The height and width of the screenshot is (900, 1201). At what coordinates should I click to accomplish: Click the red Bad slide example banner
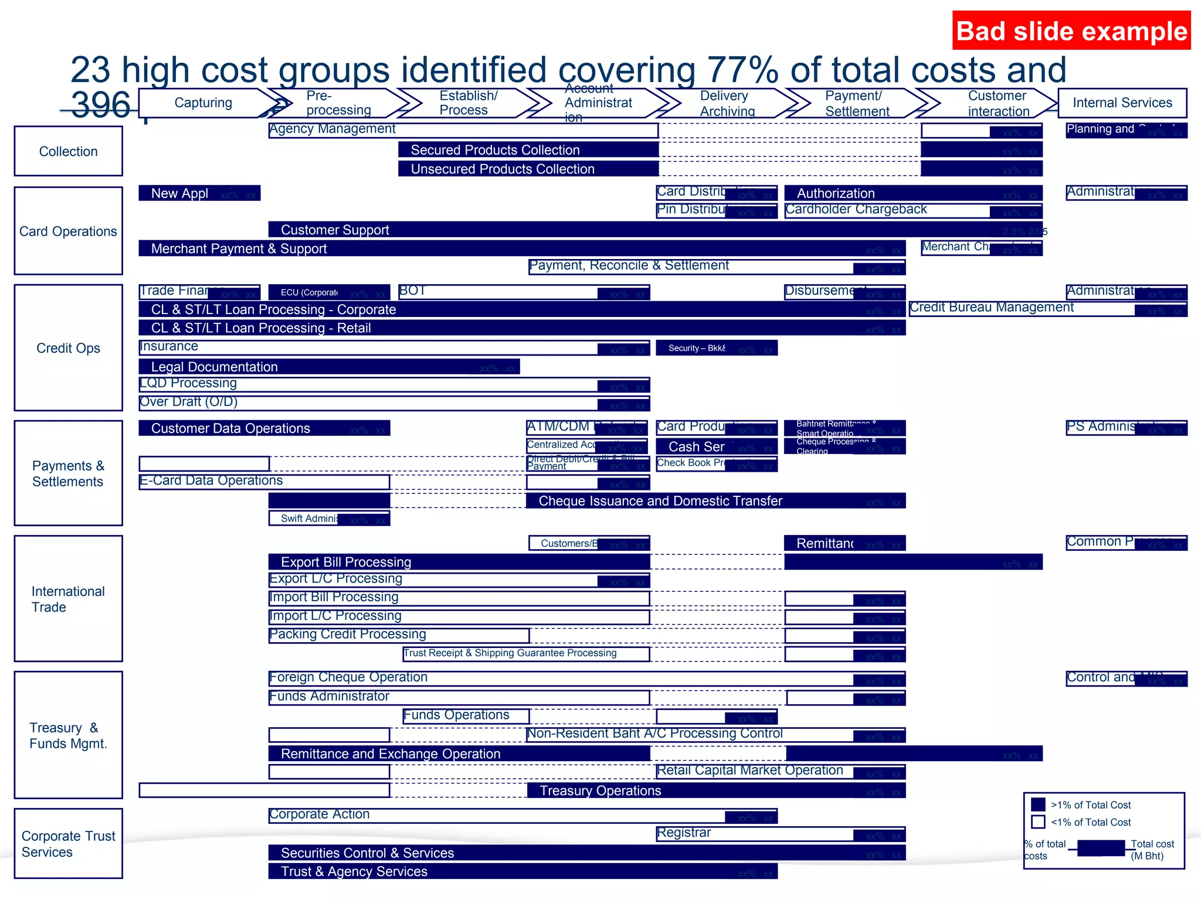pyautogui.click(x=1071, y=31)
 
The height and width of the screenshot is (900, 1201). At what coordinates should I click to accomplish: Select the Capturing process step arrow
pyautogui.click(x=203, y=103)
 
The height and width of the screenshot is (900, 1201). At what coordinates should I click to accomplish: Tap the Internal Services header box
pyautogui.click(x=1122, y=103)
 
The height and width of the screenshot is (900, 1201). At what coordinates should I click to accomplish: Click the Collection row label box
pyautogui.click(x=69, y=151)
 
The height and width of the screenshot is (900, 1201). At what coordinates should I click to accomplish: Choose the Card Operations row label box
pyautogui.click(x=69, y=231)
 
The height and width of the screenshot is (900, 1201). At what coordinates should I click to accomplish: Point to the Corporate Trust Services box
pyautogui.click(x=69, y=843)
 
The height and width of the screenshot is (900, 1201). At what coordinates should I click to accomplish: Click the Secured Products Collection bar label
pyautogui.click(x=495, y=150)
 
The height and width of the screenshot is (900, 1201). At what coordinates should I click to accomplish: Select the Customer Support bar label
pyautogui.click(x=335, y=230)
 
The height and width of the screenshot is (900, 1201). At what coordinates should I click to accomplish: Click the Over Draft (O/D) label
pyautogui.click(x=189, y=402)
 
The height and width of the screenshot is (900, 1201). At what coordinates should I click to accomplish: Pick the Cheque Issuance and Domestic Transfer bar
pyautogui.click(x=660, y=501)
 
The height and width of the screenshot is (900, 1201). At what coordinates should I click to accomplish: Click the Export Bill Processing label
pyautogui.click(x=346, y=562)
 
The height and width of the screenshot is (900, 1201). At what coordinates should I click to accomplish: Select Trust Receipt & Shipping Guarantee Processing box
pyautogui.click(x=510, y=653)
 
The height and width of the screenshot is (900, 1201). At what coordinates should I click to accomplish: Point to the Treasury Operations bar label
pyautogui.click(x=600, y=790)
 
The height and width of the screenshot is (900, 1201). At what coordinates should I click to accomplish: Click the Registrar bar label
pyautogui.click(x=684, y=833)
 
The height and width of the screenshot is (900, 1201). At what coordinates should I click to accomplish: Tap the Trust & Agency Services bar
pyautogui.click(x=354, y=871)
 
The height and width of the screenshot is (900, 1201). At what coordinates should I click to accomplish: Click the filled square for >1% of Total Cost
pyautogui.click(x=1038, y=804)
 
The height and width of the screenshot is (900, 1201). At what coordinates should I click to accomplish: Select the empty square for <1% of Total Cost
pyautogui.click(x=1038, y=822)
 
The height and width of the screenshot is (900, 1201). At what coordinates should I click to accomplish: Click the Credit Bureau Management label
pyautogui.click(x=992, y=308)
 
